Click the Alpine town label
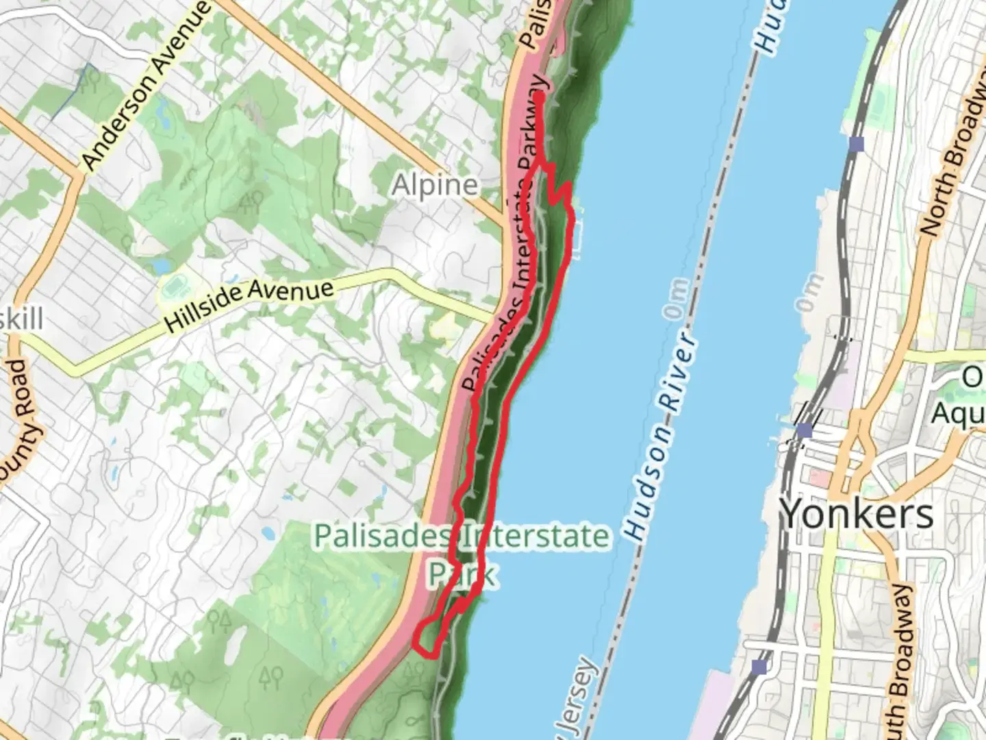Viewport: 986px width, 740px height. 435,185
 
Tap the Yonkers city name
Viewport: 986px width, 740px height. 857,513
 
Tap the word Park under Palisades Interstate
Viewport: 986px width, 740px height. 462,573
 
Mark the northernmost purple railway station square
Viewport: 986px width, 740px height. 856,144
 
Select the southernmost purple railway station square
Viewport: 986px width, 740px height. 759,667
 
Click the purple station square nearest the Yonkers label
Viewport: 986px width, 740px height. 805,430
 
